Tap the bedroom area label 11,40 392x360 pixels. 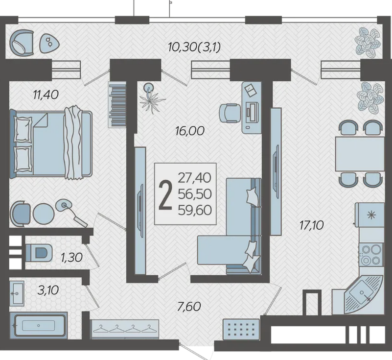click(x=46, y=95)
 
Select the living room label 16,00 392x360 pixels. click(x=190, y=131)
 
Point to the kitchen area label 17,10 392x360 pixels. click(x=312, y=225)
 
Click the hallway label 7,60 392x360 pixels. click(x=189, y=307)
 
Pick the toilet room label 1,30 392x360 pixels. click(x=72, y=258)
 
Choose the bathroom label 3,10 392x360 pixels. click(x=48, y=290)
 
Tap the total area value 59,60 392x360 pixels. click(x=195, y=210)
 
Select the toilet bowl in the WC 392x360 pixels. click(x=39, y=253)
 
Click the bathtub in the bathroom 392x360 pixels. click(x=39, y=326)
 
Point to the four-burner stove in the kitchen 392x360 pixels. click(x=370, y=255)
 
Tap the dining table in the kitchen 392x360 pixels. click(x=360, y=154)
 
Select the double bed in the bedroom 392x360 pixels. click(x=51, y=144)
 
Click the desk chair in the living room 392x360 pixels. click(x=230, y=113)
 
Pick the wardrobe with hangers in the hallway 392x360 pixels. click(x=125, y=329)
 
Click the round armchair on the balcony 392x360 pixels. click(x=22, y=43)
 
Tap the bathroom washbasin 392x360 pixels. click(x=17, y=293)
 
